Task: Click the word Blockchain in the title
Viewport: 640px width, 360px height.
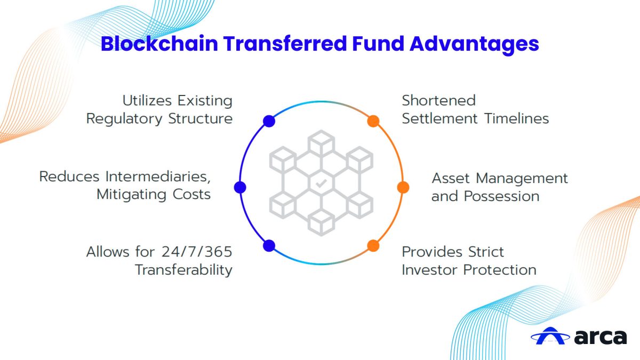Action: pyautogui.click(x=159, y=44)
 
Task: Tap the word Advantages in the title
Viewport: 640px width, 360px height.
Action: pyautogui.click(x=474, y=45)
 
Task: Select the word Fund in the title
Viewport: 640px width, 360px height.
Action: pyautogui.click(x=378, y=44)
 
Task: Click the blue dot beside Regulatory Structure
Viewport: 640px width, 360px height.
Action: pyautogui.click(x=269, y=121)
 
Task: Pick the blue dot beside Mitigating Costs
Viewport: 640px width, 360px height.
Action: pyautogui.click(x=240, y=187)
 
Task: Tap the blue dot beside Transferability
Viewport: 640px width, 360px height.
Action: pyautogui.click(x=269, y=246)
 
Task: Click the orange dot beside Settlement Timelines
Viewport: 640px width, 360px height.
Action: pyautogui.click(x=373, y=121)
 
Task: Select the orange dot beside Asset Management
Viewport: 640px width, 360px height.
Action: pyautogui.click(x=403, y=187)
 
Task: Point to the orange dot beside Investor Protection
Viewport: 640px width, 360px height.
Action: pyautogui.click(x=373, y=246)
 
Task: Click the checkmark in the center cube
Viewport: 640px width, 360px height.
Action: pyautogui.click(x=321, y=183)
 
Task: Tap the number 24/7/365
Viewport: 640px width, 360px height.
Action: pyautogui.click(x=197, y=252)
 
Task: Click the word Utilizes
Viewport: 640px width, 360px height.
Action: pyautogui.click(x=147, y=101)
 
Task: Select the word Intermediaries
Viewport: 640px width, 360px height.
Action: pyautogui.click(x=158, y=177)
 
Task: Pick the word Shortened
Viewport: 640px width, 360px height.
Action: pyautogui.click(x=439, y=101)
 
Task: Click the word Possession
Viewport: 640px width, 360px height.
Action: pyautogui.click(x=501, y=196)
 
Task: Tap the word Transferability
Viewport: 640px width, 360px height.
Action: pyautogui.click(x=183, y=270)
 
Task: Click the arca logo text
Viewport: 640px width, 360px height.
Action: pyautogui.click(x=601, y=337)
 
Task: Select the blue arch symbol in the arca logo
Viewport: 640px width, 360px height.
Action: pyautogui.click(x=550, y=336)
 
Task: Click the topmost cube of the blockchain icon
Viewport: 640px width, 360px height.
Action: pyautogui.click(x=321, y=142)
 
